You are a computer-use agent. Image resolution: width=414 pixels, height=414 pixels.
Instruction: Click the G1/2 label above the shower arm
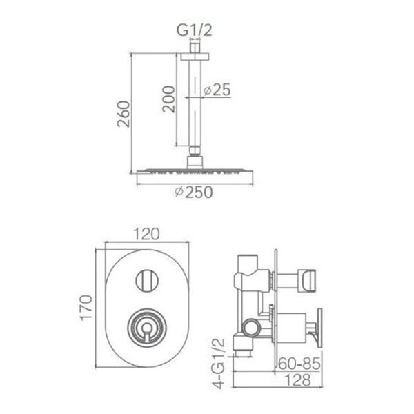tap(194, 30)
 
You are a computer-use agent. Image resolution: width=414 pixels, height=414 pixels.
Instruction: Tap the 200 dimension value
tap(169, 99)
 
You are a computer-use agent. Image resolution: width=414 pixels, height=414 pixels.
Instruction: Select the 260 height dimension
tap(124, 114)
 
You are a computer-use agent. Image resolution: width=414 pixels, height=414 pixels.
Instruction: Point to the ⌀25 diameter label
tap(217, 90)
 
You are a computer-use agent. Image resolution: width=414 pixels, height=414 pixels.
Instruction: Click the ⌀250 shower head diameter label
tap(194, 192)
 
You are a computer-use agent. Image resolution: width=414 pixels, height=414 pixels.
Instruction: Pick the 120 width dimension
tap(146, 234)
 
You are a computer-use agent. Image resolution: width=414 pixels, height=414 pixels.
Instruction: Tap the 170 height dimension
tap(86, 308)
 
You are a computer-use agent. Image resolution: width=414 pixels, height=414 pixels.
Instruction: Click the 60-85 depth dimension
tap(299, 364)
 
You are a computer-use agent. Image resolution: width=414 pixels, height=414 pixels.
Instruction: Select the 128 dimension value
tap(298, 380)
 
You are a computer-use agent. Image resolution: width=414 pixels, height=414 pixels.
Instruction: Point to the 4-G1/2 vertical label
tap(219, 364)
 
